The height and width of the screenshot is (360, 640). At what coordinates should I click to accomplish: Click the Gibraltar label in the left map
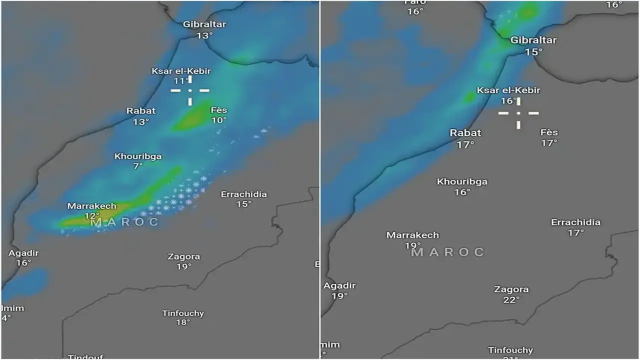[x=204, y=24]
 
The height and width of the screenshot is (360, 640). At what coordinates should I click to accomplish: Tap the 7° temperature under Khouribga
[x=137, y=166]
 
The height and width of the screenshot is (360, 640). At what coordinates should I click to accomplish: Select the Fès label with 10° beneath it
[x=219, y=110]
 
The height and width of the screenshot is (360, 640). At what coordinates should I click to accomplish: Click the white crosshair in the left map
[x=190, y=90]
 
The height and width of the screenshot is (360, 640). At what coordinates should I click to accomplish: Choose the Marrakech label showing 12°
[x=91, y=206]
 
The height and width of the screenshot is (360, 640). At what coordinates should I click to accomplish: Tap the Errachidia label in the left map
[x=244, y=194]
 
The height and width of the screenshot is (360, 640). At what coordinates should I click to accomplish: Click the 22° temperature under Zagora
[x=511, y=300]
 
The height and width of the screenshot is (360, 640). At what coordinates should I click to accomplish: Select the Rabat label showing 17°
[x=465, y=133]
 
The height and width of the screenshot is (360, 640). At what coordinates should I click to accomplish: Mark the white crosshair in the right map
[x=518, y=113]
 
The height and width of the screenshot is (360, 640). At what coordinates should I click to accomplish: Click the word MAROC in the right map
[x=447, y=252]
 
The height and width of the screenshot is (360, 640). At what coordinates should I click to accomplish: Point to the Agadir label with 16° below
[x=23, y=253]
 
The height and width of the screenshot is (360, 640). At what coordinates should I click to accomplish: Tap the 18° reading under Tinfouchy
[x=183, y=322]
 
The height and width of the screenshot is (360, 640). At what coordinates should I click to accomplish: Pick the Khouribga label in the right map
[x=462, y=181]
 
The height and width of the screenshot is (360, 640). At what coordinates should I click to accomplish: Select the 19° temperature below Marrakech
[x=412, y=245]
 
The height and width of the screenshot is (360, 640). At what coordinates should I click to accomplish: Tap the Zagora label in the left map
[x=184, y=257]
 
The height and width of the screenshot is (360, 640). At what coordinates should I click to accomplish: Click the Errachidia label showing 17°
[x=575, y=222]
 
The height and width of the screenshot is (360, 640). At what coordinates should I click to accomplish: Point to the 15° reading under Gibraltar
[x=533, y=51]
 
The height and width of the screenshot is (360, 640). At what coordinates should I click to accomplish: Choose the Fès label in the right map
[x=549, y=132]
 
